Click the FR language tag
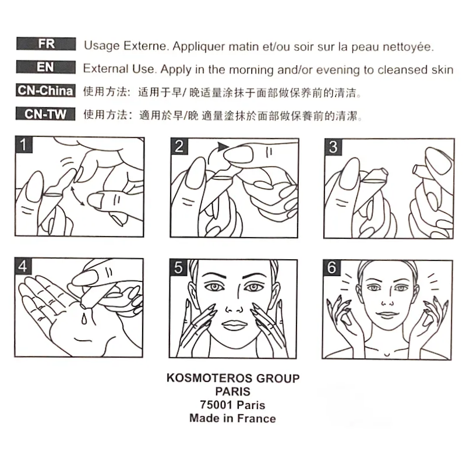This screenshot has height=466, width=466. coord(46,44)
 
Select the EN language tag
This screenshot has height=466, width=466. coord(46,67)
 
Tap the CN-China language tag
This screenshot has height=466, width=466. coord(45,90)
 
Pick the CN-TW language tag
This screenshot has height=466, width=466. coord(45,114)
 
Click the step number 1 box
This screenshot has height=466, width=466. coord(23,144)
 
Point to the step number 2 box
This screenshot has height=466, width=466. coord(179,146)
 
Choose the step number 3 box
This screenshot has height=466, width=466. coord(333,147)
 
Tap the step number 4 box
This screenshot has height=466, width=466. coord(23,266)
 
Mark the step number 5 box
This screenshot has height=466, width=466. coord(178,267)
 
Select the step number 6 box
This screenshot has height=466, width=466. coord(331,268)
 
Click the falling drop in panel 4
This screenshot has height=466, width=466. coord(84,319)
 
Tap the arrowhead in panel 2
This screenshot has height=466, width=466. coord(223,146)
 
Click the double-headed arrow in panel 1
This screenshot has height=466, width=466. coord(77,196)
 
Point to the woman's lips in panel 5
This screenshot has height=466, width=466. coord(233,325)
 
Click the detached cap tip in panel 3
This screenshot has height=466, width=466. coord(419,170)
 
